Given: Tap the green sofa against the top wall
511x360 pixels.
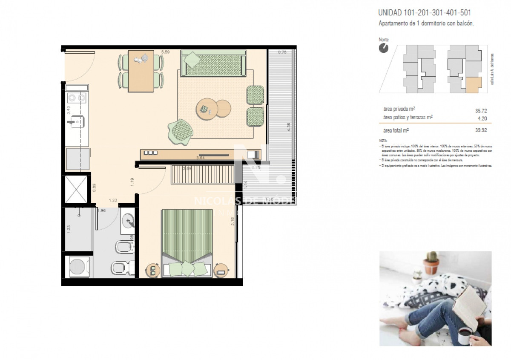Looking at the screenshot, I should point(213,63).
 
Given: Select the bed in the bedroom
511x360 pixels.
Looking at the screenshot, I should point(187,243).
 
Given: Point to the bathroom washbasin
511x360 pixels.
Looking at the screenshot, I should point(128,221).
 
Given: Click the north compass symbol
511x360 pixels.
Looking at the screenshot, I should point(384,48).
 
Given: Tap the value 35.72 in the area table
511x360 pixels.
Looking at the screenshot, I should point(481,111).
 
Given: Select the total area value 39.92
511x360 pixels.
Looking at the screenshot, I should point(481,131).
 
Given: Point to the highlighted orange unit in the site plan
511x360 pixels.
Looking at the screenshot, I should point(474,85).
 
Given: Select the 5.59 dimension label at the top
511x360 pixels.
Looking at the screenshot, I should point(165,52).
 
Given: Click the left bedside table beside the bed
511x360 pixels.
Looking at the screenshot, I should point(152,271).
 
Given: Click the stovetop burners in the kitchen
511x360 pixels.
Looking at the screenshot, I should point(77,98).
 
